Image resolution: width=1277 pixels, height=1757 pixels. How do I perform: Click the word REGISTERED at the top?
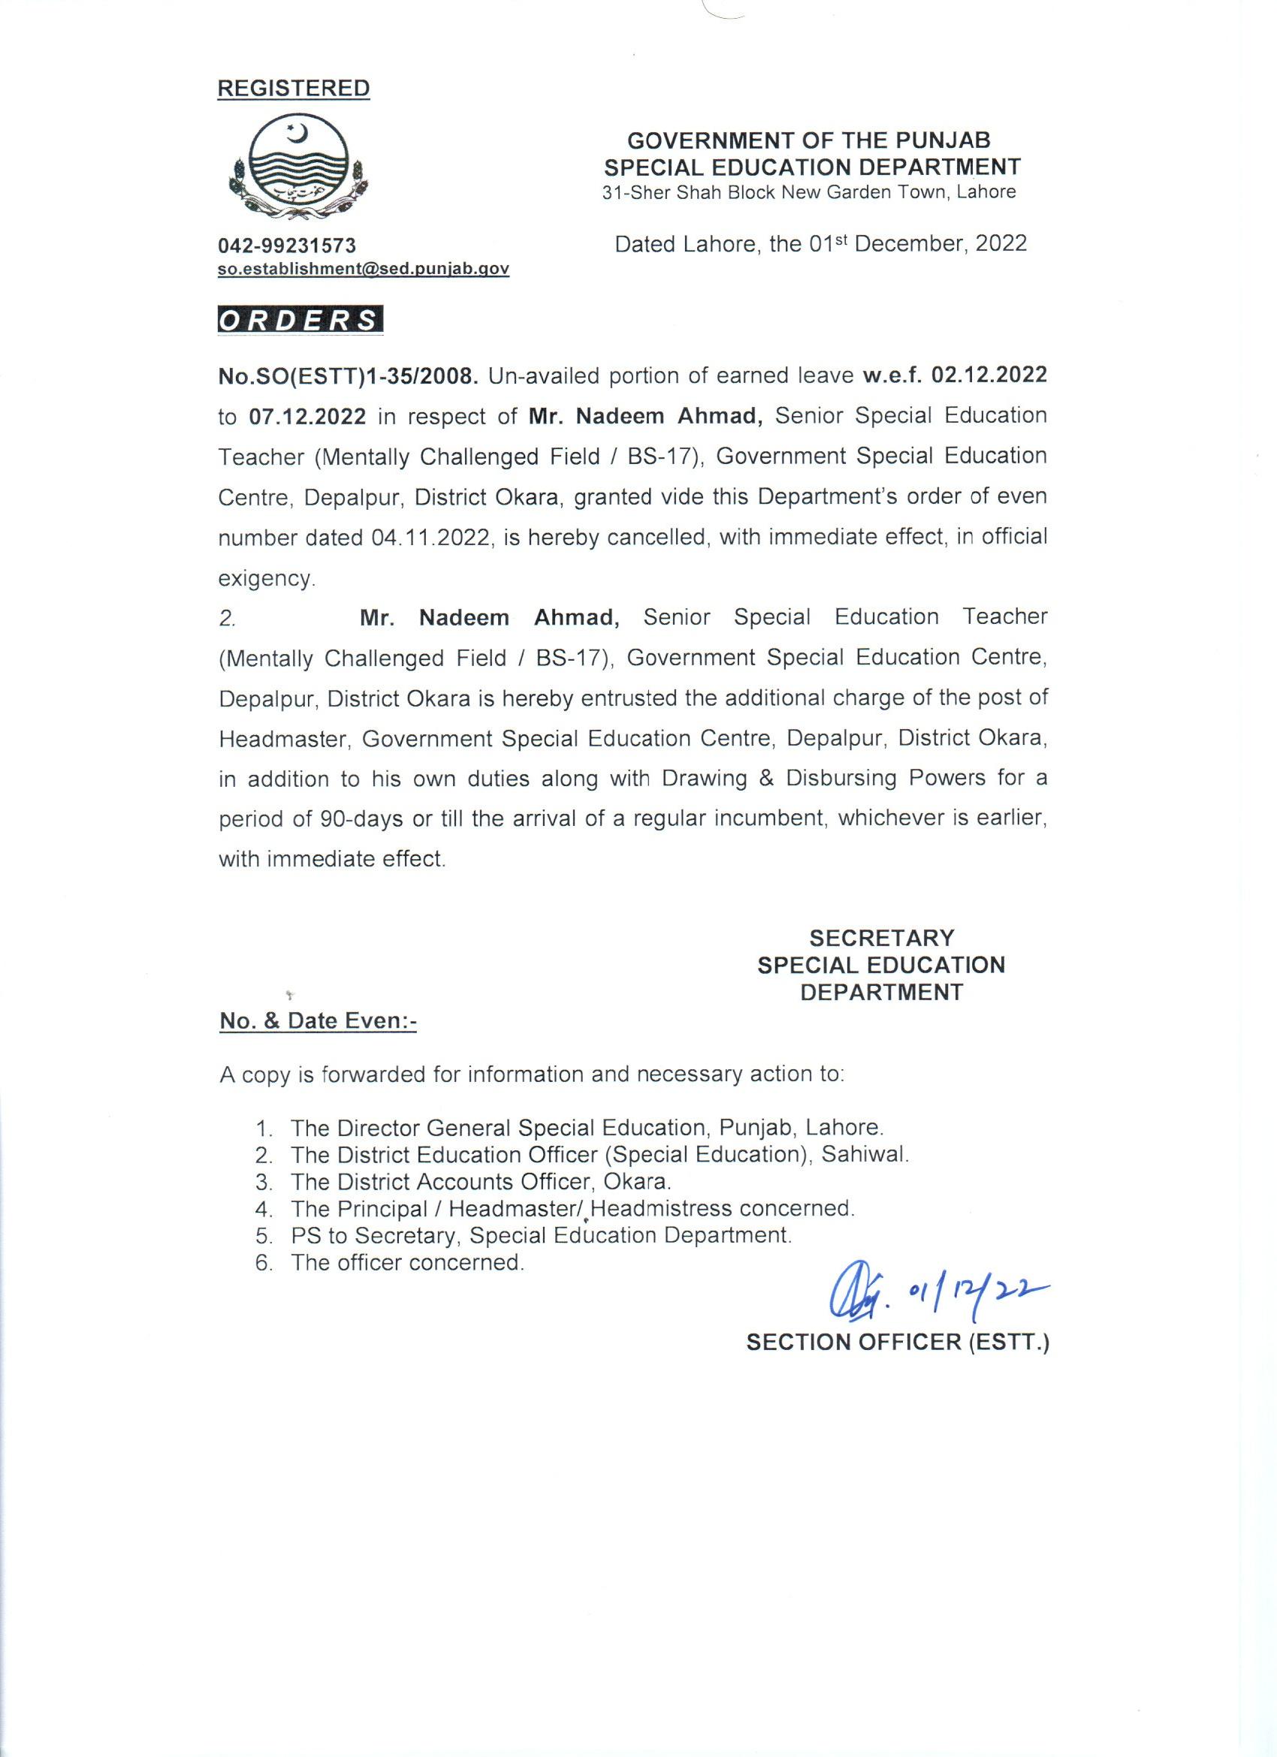[x=293, y=89]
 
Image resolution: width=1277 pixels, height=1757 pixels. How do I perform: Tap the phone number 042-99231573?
[x=287, y=246]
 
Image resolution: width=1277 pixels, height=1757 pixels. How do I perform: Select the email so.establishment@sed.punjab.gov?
[x=363, y=269]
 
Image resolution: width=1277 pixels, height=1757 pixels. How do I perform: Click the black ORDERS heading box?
[x=300, y=321]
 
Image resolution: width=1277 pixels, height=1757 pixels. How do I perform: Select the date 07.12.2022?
[x=308, y=417]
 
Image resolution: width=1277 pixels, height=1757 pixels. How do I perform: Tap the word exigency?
[x=267, y=578]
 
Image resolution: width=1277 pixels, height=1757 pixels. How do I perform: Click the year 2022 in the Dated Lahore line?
[x=1001, y=244]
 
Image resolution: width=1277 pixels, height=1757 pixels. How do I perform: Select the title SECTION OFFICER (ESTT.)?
[x=897, y=1343]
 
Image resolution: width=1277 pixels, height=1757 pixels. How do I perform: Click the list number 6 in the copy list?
[x=262, y=1263]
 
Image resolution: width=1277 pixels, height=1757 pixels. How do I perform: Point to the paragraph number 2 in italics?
[x=226, y=619]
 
